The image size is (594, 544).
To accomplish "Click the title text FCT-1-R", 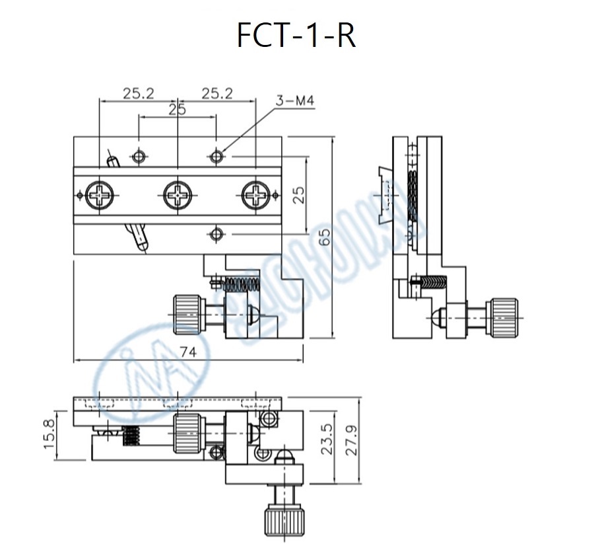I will click(x=296, y=36).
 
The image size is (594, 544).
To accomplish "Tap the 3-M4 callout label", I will click(x=294, y=102).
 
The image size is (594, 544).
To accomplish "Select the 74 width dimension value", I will click(x=188, y=352).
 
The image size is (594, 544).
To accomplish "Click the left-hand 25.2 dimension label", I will click(x=138, y=94).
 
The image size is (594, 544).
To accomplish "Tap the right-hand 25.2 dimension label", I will click(x=217, y=94).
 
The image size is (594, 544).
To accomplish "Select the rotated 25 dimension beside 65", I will click(x=298, y=195).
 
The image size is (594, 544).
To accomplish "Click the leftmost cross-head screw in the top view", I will click(x=100, y=195).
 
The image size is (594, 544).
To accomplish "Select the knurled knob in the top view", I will click(x=186, y=315).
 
